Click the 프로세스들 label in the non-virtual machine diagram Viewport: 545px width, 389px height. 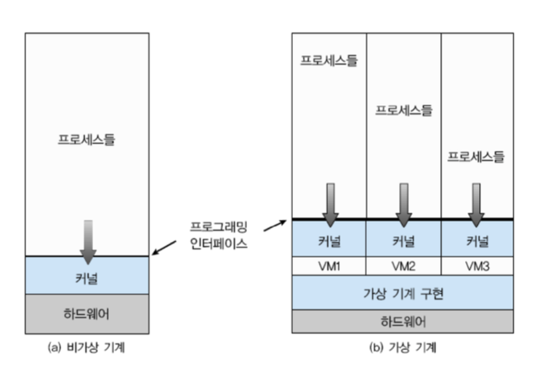(x=86, y=139)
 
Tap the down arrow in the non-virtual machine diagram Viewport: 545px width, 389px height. (x=88, y=241)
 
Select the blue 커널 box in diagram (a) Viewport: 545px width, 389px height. (x=86, y=276)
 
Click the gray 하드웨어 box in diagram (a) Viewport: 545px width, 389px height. (x=86, y=314)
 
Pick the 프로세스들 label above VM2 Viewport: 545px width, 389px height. (x=403, y=110)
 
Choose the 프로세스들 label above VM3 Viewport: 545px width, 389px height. (x=476, y=156)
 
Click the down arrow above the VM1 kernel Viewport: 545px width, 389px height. (x=330, y=204)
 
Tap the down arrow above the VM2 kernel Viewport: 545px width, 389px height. (x=404, y=204)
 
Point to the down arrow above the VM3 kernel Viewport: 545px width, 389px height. (x=477, y=204)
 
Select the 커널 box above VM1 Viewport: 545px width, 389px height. (x=329, y=239)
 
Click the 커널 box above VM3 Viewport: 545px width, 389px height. (x=477, y=239)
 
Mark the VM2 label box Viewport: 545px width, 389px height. (x=403, y=266)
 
